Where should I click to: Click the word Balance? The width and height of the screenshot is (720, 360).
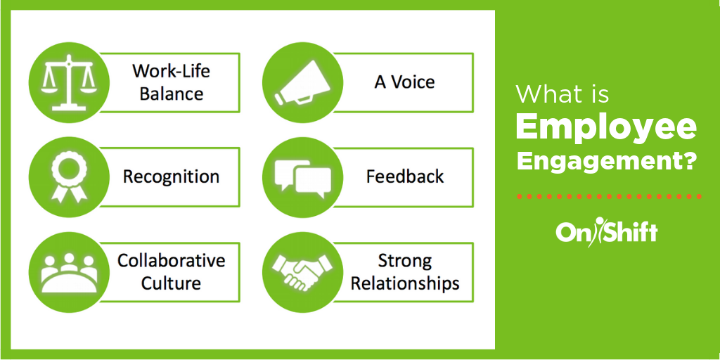click(171, 94)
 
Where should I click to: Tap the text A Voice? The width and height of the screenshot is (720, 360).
click(404, 82)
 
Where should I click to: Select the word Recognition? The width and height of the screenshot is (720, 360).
click(171, 176)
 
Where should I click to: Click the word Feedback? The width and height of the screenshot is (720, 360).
click(405, 176)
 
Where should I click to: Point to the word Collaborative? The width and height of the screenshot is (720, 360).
click(171, 261)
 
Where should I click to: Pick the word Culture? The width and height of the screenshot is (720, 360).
click(171, 283)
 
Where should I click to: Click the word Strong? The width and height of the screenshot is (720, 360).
click(405, 261)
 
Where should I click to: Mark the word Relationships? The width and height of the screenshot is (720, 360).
click(405, 283)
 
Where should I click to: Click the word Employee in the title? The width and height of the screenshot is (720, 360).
click(606, 127)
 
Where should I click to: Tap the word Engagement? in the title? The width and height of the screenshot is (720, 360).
click(606, 160)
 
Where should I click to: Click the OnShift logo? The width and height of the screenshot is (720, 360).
click(606, 232)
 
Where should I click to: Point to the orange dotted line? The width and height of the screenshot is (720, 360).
click(606, 196)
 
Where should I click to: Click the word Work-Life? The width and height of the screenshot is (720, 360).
click(171, 71)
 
